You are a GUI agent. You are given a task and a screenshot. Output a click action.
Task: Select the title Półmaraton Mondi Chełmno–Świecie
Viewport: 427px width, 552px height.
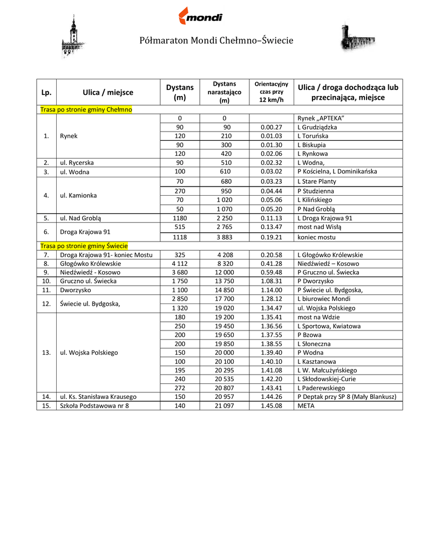point(216,40)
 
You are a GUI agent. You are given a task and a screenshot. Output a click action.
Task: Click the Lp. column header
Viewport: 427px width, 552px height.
point(46,92)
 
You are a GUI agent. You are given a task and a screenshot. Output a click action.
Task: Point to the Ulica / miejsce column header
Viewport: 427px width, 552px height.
point(108,92)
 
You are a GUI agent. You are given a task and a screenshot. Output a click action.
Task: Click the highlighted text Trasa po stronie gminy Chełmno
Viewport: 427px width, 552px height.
point(86,109)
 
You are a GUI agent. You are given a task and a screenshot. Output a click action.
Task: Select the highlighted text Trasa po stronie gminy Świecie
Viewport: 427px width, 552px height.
point(84,245)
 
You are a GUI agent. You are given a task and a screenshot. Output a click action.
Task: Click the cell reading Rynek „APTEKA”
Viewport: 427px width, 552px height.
point(321,119)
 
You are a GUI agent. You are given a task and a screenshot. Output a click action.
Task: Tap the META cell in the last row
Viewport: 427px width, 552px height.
point(306,406)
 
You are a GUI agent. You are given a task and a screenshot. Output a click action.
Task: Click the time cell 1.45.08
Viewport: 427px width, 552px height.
point(271,406)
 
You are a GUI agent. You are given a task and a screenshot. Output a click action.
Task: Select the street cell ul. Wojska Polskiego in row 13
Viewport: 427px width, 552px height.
point(89,353)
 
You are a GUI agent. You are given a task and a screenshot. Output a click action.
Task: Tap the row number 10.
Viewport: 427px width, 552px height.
point(46,281)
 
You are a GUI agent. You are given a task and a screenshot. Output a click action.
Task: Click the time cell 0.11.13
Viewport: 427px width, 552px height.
point(271,218)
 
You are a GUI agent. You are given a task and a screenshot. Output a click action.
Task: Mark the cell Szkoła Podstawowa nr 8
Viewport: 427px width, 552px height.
point(94,406)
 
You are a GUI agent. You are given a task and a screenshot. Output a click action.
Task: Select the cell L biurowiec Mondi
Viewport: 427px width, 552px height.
point(324,299)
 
